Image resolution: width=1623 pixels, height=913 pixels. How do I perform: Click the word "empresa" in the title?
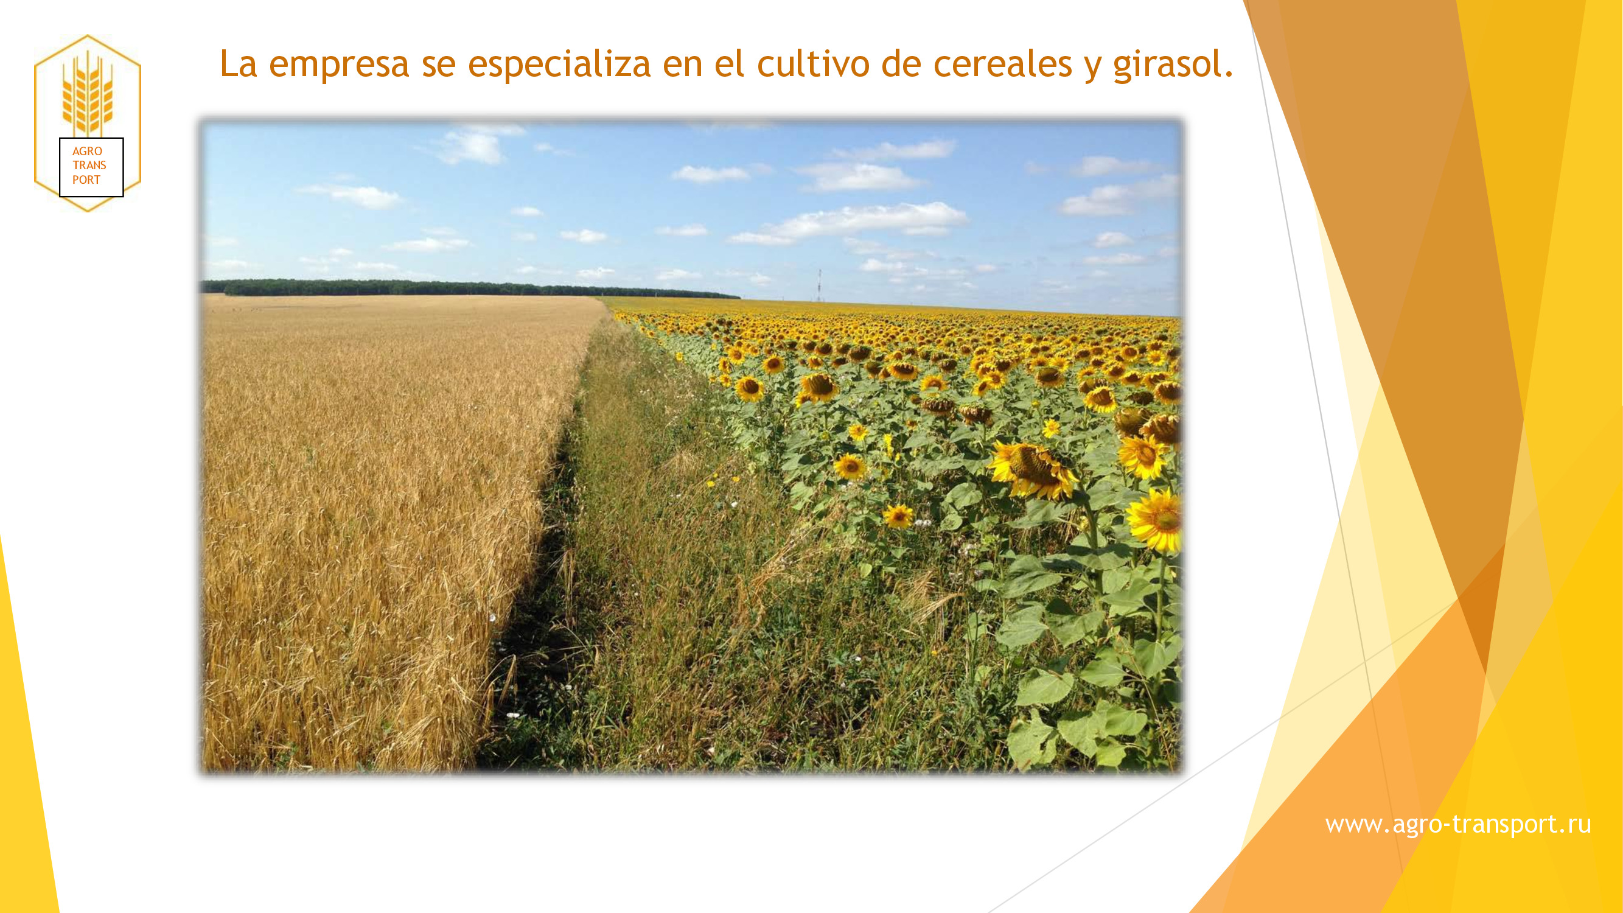tap(339, 65)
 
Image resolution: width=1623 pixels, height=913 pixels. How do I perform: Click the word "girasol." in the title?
tap(1173, 65)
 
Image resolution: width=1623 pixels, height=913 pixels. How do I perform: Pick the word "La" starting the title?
tap(238, 64)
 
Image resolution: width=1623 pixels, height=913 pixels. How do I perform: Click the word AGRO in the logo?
tap(87, 151)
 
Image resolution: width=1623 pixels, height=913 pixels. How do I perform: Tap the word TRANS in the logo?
tap(89, 165)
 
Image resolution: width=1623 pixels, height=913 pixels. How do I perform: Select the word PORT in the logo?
tap(86, 180)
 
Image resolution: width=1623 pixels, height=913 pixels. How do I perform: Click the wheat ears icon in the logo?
tap(88, 93)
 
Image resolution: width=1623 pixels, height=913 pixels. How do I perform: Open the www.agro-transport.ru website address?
tap(1458, 824)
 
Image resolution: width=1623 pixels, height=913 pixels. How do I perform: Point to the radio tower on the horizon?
tap(819, 285)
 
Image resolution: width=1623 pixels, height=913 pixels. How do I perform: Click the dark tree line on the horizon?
tap(469, 288)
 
